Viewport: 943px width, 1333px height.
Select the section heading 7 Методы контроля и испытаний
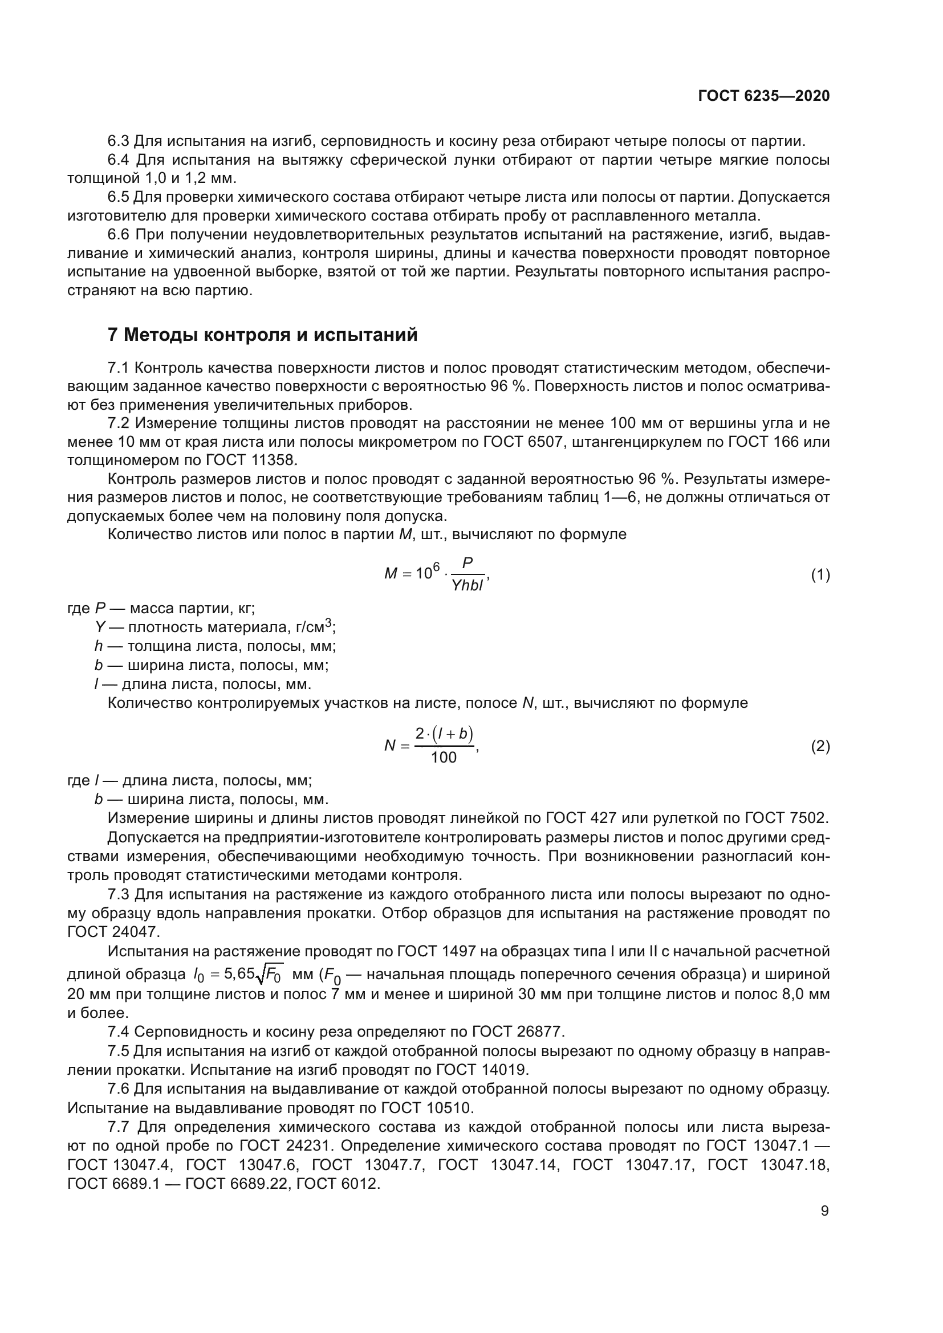[262, 335]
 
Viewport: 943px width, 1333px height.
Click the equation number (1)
[820, 576]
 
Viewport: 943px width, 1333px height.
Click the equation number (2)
[820, 746]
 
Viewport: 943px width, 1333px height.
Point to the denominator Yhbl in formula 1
[468, 585]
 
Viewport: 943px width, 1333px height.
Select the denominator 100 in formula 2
[444, 757]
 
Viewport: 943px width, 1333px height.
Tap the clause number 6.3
[119, 141]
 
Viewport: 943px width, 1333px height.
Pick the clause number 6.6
[119, 235]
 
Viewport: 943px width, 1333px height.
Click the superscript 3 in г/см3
[328, 622]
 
